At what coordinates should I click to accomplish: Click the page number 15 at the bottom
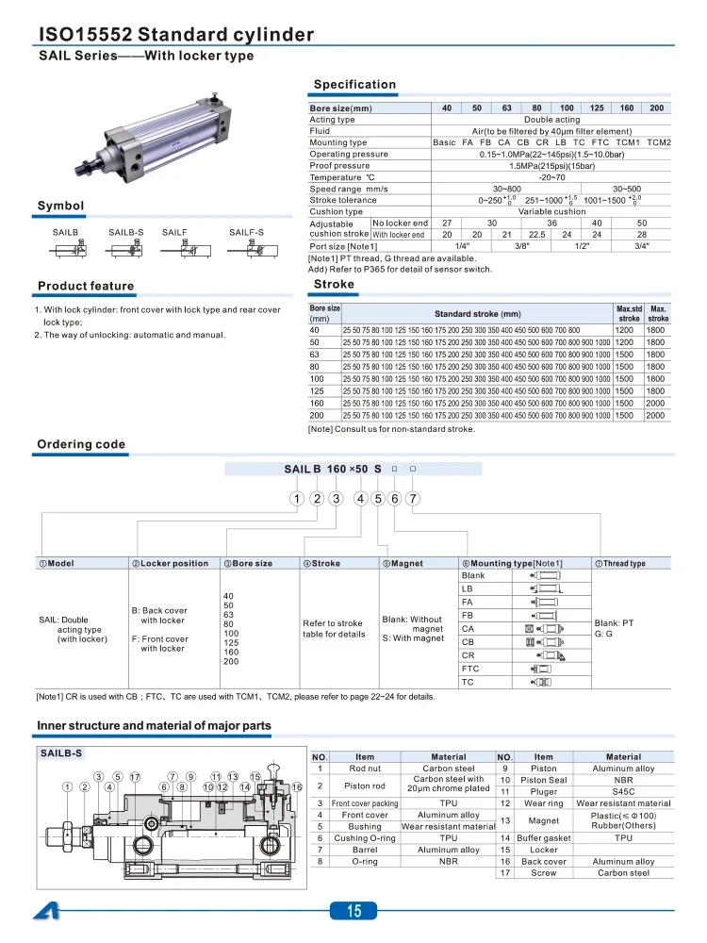pyautogui.click(x=353, y=910)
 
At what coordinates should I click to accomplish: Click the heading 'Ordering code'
pyautogui.click(x=81, y=444)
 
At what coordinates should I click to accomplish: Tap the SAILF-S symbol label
pyautogui.click(x=246, y=231)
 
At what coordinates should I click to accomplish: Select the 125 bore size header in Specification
pyautogui.click(x=597, y=108)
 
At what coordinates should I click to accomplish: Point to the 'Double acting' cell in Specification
pyautogui.click(x=551, y=120)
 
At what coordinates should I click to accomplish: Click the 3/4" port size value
pyautogui.click(x=642, y=245)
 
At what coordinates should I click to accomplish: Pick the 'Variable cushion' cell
pyautogui.click(x=551, y=211)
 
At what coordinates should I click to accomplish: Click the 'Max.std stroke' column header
pyautogui.click(x=629, y=313)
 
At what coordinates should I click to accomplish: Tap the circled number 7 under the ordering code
pyautogui.click(x=413, y=499)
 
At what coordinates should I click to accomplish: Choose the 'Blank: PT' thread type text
pyautogui.click(x=614, y=622)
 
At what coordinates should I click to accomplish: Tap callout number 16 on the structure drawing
pyautogui.click(x=297, y=786)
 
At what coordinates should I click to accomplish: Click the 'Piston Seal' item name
pyautogui.click(x=544, y=780)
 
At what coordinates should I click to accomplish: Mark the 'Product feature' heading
pyautogui.click(x=86, y=286)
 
